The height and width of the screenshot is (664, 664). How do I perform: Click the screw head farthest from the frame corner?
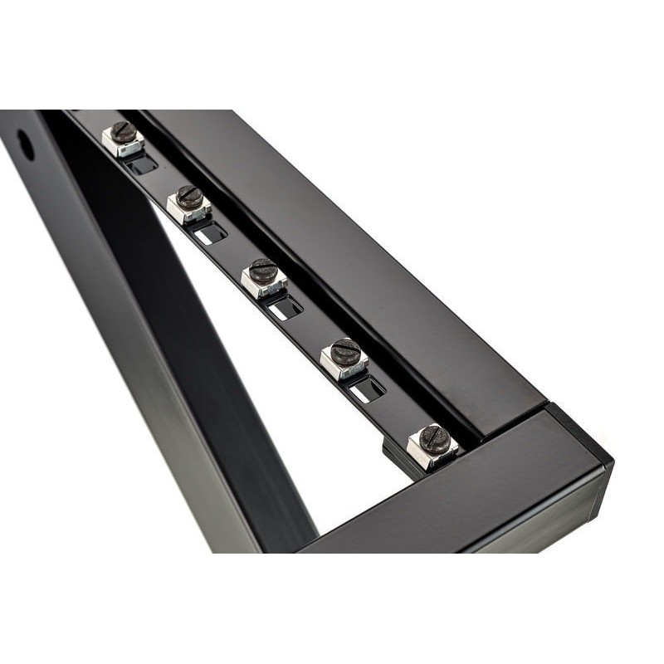124,131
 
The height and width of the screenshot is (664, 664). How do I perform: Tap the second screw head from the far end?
190,197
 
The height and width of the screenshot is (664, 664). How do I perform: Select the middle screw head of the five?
264,271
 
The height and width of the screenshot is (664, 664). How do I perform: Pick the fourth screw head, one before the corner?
345,351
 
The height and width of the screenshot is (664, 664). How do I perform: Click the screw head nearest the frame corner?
434,438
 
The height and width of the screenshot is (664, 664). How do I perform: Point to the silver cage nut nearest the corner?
432,452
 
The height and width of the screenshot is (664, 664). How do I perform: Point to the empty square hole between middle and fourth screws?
286,308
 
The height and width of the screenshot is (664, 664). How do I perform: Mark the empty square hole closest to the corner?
367,388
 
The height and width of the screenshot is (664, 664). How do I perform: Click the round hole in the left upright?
26,144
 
